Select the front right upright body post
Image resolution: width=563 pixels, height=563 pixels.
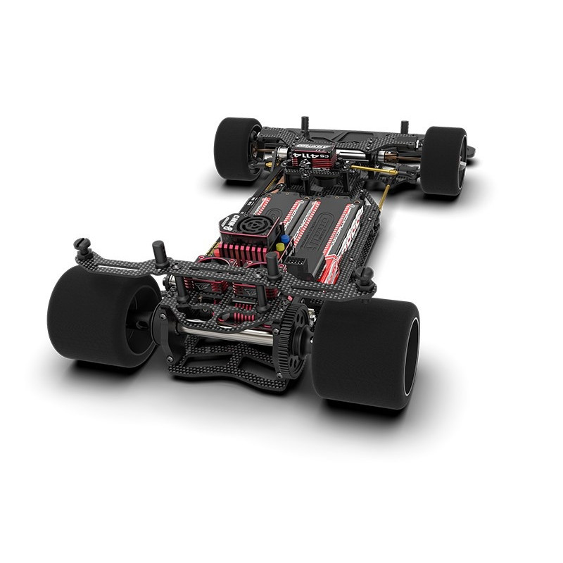click(404, 127)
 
